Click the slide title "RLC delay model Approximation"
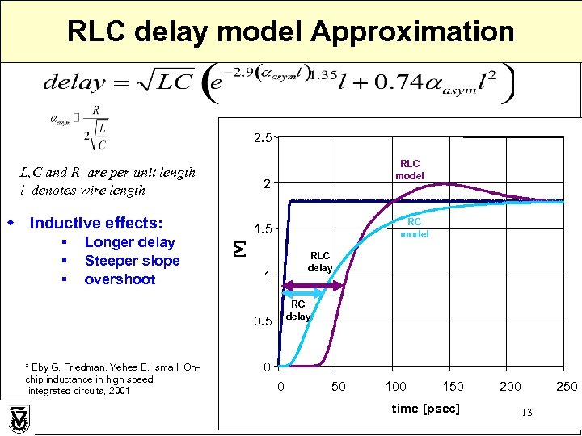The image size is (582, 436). (x=290, y=31)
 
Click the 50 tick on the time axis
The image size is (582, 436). (x=338, y=387)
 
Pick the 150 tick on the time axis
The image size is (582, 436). (x=453, y=387)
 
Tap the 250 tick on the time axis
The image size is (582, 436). (x=566, y=387)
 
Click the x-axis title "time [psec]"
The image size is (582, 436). (x=425, y=409)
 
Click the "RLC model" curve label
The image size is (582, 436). (x=410, y=170)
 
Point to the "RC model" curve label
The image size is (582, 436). (x=414, y=228)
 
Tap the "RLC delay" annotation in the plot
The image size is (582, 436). (x=320, y=262)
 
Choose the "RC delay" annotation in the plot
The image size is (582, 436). (x=298, y=310)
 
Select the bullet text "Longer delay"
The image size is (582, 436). (x=129, y=242)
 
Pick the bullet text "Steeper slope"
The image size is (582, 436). (x=132, y=261)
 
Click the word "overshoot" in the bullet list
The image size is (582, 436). (x=120, y=279)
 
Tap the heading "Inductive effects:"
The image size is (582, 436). (x=95, y=223)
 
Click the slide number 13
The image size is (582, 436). (x=526, y=413)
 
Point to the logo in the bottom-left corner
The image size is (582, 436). (x=19, y=420)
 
